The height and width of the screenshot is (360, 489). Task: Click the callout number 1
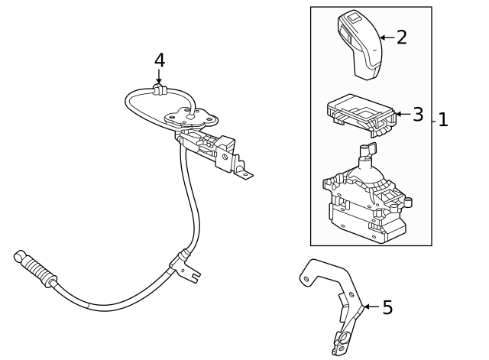coord(442,120)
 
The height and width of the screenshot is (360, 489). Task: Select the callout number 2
coord(401,37)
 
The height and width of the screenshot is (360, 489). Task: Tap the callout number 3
coord(417,115)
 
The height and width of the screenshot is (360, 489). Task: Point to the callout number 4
coord(159,59)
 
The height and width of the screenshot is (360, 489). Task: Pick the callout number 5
coord(387,307)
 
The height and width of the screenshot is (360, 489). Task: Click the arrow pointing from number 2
coord(387,37)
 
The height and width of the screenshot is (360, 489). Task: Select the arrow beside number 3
coord(403,115)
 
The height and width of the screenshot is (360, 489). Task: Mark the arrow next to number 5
coord(370,307)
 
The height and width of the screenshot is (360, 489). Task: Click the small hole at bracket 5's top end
coord(306,279)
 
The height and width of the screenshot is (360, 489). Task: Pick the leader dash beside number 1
coord(434,120)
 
